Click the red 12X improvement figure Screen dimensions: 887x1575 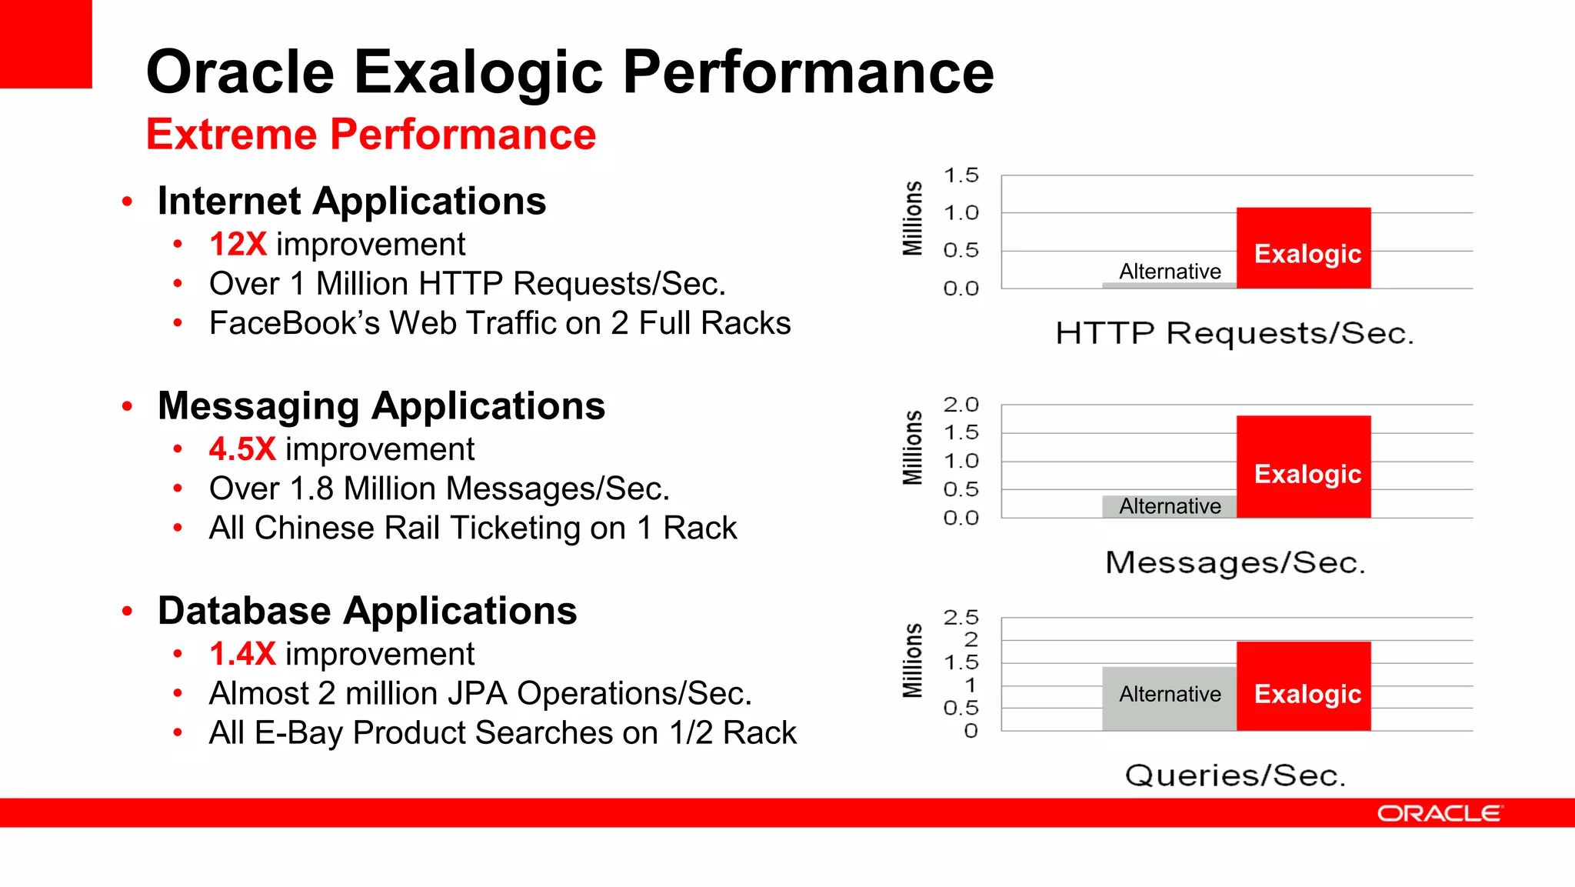[x=238, y=245]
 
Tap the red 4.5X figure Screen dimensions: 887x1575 [x=241, y=449]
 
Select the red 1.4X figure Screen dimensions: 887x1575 [x=241, y=654]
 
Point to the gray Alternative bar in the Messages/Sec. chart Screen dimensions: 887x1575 [x=1168, y=506]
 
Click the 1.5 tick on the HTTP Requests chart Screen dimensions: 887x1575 [x=961, y=175]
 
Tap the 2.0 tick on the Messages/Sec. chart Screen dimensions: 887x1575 [x=961, y=405]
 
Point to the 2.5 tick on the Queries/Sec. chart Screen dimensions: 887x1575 [x=961, y=618]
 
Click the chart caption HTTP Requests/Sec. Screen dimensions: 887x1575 [x=1234, y=334]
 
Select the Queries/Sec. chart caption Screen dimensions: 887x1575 [x=1235, y=775]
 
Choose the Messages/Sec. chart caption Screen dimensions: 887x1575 [x=1235, y=563]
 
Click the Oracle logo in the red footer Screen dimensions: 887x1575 [x=1439, y=813]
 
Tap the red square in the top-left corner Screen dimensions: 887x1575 [x=45, y=44]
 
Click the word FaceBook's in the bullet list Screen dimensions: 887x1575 [x=295, y=323]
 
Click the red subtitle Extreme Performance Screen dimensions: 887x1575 [x=371, y=135]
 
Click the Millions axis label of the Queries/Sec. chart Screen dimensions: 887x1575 [x=913, y=660]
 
